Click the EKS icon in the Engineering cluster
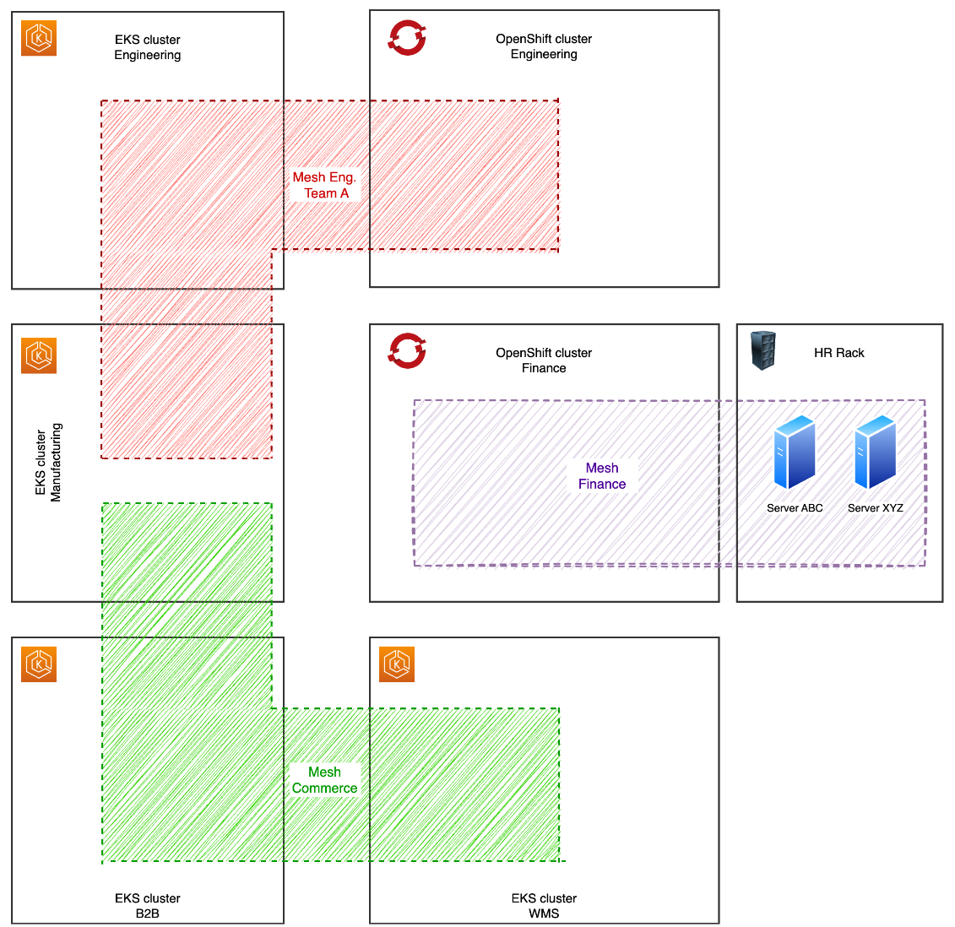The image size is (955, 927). [39, 38]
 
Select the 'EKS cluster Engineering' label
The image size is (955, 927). [148, 47]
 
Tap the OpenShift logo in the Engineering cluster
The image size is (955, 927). [407, 37]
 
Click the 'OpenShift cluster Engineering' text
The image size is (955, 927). [544, 46]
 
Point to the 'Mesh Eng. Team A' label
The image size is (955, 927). [325, 185]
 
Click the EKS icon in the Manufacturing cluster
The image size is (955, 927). [39, 355]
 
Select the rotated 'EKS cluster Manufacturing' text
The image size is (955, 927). [48, 463]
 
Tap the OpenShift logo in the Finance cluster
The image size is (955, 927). [407, 351]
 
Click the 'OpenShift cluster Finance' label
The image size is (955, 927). [544, 360]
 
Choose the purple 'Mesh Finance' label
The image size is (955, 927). [602, 476]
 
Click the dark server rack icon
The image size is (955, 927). [763, 350]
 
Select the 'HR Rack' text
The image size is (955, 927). [838, 353]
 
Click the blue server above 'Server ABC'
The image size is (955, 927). [795, 453]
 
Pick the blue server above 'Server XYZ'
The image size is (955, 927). [875, 453]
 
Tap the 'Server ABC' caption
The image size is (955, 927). [795, 508]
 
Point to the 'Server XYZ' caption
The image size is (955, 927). [875, 508]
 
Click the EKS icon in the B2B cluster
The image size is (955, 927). [39, 664]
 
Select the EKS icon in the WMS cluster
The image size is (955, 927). [397, 664]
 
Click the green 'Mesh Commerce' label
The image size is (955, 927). [325, 780]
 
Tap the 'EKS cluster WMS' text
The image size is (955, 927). [544, 906]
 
